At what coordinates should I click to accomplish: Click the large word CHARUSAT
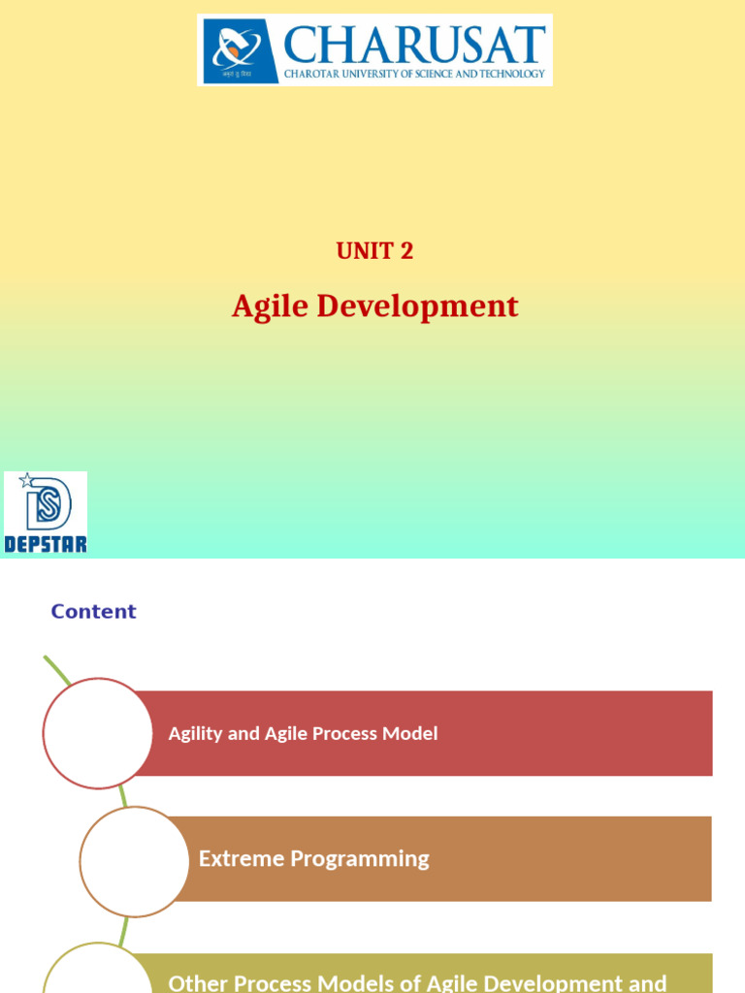click(414, 45)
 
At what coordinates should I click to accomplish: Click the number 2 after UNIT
click(406, 251)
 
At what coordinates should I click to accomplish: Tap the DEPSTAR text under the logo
click(46, 543)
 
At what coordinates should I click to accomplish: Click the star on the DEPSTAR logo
click(26, 480)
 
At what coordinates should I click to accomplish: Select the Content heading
click(93, 611)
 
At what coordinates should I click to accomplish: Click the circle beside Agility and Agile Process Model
click(98, 733)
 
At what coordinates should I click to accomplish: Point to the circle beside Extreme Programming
click(135, 861)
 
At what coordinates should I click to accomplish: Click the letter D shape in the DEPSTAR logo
click(49, 504)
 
